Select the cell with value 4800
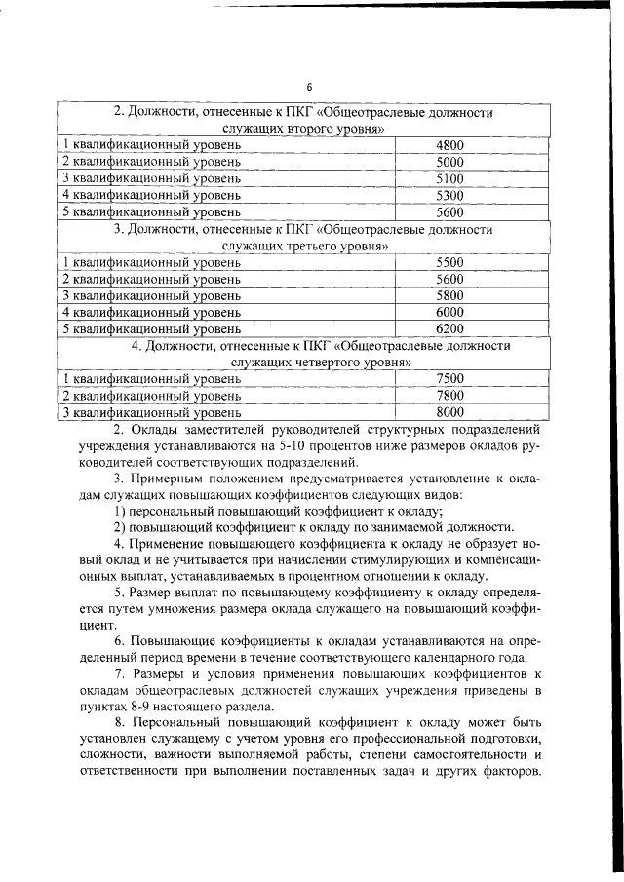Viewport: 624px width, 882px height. [449, 145]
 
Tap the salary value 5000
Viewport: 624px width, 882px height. [449, 162]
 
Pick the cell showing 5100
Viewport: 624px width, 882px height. [449, 178]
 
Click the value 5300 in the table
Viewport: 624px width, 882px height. [449, 195]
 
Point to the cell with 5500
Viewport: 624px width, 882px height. [449, 262]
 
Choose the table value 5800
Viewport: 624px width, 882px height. [449, 295]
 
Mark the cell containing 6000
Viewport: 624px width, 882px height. [449, 312]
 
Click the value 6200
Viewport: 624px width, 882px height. [449, 328]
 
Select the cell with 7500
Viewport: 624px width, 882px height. [449, 378]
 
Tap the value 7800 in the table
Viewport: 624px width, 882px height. [449, 395]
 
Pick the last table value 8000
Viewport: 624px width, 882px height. [449, 412]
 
